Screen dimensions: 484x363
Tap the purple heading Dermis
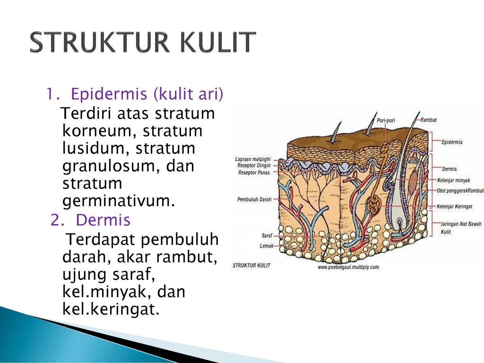(x=103, y=220)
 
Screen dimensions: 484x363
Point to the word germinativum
(x=119, y=201)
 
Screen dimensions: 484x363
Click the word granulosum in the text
(x=111, y=166)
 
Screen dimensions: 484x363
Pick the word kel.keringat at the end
(x=111, y=309)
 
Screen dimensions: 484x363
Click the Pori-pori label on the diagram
(x=386, y=121)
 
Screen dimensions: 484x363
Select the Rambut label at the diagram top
(x=428, y=120)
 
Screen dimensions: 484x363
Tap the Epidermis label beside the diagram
(x=452, y=142)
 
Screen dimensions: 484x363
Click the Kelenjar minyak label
(x=453, y=180)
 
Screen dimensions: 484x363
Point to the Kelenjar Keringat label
(x=454, y=206)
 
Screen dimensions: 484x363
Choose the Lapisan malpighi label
(x=253, y=159)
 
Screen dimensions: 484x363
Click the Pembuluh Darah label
(x=254, y=199)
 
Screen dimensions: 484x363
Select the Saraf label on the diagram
(x=267, y=235)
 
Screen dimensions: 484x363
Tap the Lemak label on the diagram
(x=267, y=246)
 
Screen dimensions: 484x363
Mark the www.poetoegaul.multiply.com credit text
(x=348, y=267)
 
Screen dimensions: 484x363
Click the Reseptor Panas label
(x=254, y=173)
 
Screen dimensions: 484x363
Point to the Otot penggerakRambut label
(x=460, y=191)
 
